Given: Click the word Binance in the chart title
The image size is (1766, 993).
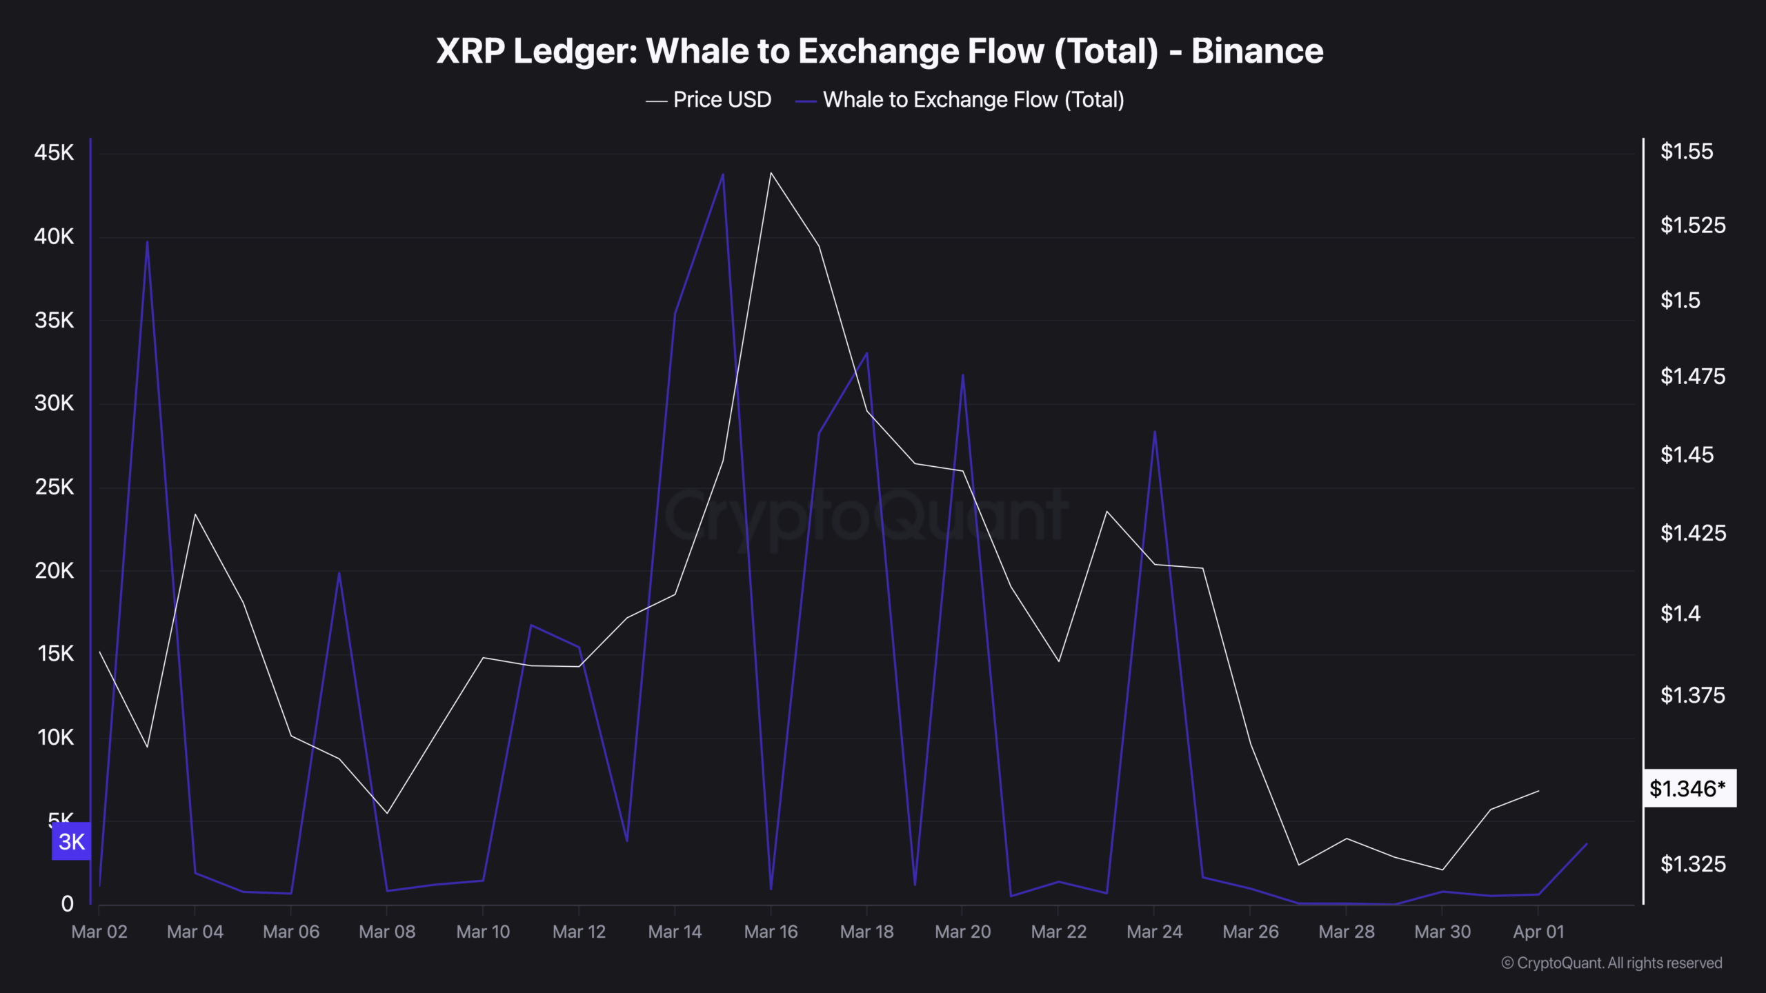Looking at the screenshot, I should pyautogui.click(x=1257, y=51).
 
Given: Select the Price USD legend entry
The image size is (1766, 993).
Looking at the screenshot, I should pyautogui.click(x=721, y=100).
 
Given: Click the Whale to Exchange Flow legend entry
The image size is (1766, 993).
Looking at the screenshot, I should pyautogui.click(x=973, y=100).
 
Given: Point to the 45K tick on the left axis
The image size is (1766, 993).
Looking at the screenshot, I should pyautogui.click(x=54, y=152).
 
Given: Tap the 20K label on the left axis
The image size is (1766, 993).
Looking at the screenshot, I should pyautogui.click(x=54, y=571).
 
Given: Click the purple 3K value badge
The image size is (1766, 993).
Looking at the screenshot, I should pyautogui.click(x=72, y=841).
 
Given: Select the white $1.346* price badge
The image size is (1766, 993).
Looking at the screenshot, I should pyautogui.click(x=1688, y=788).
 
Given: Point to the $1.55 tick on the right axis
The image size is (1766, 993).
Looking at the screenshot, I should pyautogui.click(x=1686, y=152).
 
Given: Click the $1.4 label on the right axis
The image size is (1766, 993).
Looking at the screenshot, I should pyautogui.click(x=1680, y=613).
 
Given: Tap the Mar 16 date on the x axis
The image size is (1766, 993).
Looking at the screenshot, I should pyautogui.click(x=771, y=932).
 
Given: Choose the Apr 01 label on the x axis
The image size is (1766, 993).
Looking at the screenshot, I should pyautogui.click(x=1538, y=932).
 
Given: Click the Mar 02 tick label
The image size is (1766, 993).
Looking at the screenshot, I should pyautogui.click(x=99, y=932).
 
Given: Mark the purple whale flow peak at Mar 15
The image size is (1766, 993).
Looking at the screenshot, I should pyautogui.click(x=723, y=174).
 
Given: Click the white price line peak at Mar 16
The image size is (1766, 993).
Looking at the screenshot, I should pyautogui.click(x=771, y=172).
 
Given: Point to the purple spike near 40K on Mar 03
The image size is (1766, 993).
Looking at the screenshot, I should pyautogui.click(x=147, y=241).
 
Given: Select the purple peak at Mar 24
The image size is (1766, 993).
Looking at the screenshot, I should pyautogui.click(x=1155, y=432).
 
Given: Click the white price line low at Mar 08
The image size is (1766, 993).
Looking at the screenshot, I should pyautogui.click(x=387, y=813).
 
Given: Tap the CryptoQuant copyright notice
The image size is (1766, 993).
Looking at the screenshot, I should pyautogui.click(x=1611, y=963).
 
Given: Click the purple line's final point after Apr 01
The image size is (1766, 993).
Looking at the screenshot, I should pyautogui.click(x=1587, y=844).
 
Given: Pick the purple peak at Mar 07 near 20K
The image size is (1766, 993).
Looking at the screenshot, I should pyautogui.click(x=339, y=572).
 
